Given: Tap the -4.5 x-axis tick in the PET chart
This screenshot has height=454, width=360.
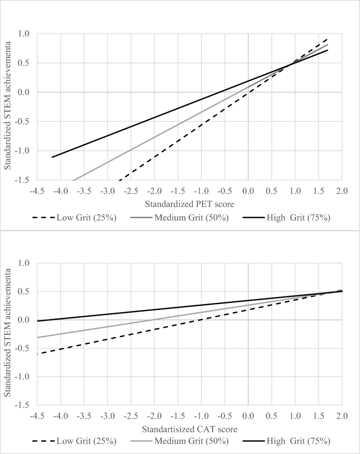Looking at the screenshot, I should (x=38, y=190).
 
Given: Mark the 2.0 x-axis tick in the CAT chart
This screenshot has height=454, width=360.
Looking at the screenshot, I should (x=342, y=415).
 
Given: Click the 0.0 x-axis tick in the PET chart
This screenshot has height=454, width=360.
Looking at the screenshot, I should (x=248, y=190).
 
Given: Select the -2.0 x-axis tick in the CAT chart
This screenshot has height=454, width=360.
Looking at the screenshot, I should (x=154, y=415).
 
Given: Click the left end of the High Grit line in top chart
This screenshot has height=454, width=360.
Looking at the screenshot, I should (x=52, y=157).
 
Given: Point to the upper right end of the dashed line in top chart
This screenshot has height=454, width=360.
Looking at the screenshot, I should (x=328, y=38).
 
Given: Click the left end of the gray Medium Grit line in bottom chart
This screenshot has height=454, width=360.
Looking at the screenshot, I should (x=38, y=337).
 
